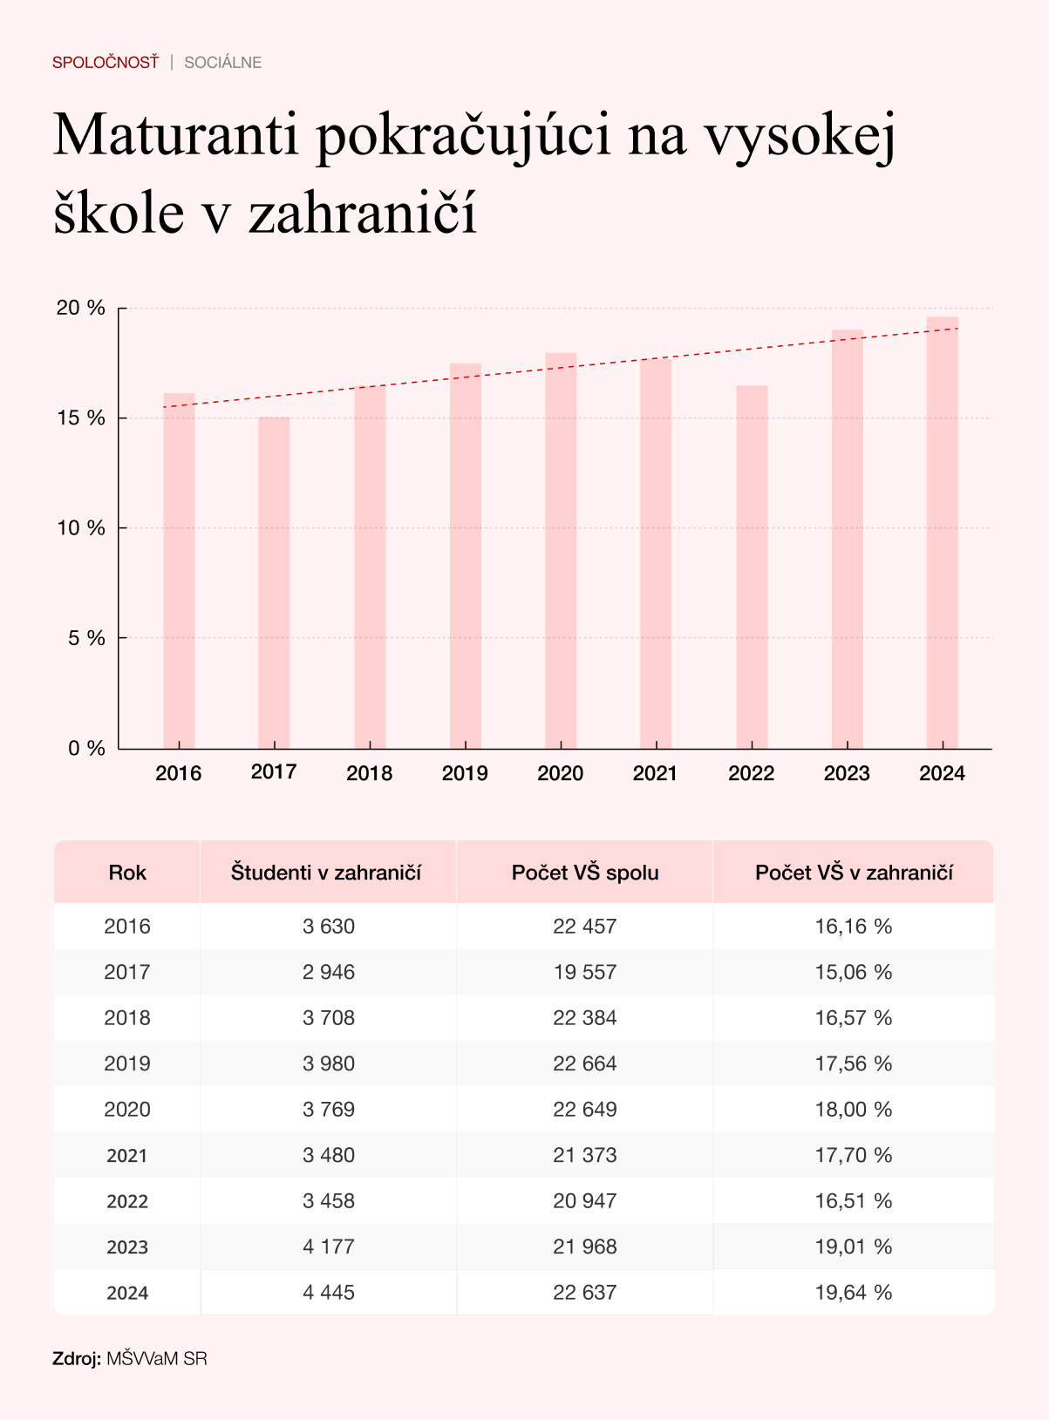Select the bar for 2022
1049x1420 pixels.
click(752, 567)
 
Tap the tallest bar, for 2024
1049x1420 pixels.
click(942, 532)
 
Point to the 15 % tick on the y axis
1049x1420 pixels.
click(81, 418)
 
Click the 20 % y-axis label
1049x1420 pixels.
click(81, 308)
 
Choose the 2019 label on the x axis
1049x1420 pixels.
click(465, 773)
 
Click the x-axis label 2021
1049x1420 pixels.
click(655, 773)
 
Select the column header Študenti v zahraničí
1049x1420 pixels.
click(326, 873)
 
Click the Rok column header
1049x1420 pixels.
click(127, 873)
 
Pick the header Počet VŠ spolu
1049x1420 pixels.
click(585, 873)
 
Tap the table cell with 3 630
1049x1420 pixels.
click(329, 927)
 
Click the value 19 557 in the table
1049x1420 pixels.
click(585, 972)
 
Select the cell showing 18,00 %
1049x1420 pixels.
click(854, 1110)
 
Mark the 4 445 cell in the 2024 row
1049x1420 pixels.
click(329, 1293)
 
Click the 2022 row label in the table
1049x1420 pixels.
click(127, 1201)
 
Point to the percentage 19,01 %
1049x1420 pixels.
click(854, 1247)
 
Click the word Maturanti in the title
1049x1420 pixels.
click(174, 135)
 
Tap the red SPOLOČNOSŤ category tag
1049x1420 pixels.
click(106, 63)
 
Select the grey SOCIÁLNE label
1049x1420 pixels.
click(223, 63)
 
